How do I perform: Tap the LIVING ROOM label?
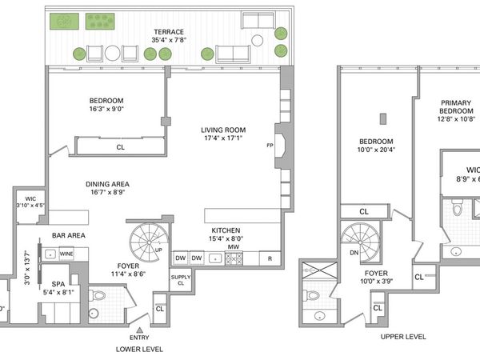pos(222,130)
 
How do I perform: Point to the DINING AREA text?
pos(107,184)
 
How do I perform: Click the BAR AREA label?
pos(69,235)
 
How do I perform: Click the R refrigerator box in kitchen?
pos(270,258)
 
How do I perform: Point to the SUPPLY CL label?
pos(181,280)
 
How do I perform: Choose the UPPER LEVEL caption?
pos(403,337)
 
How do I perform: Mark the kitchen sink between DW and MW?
pos(214,258)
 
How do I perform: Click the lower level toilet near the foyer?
pos(98,295)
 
